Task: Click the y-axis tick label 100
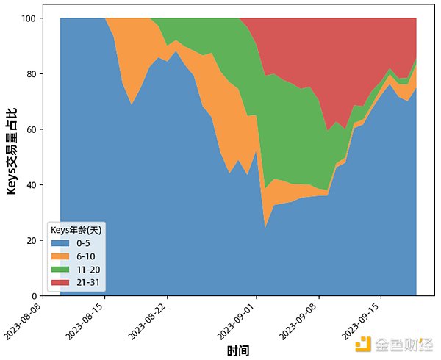click(27, 18)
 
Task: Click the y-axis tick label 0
click(32, 296)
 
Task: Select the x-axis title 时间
click(238, 351)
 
